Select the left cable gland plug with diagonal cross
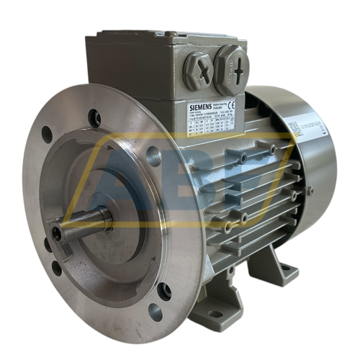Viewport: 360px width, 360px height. pyautogui.click(x=199, y=70)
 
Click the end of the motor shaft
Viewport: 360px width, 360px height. pyautogui.click(x=58, y=233)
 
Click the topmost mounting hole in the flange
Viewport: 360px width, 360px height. pyautogui.click(x=94, y=117)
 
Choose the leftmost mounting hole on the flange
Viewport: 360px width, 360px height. pyautogui.click(x=47, y=134)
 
